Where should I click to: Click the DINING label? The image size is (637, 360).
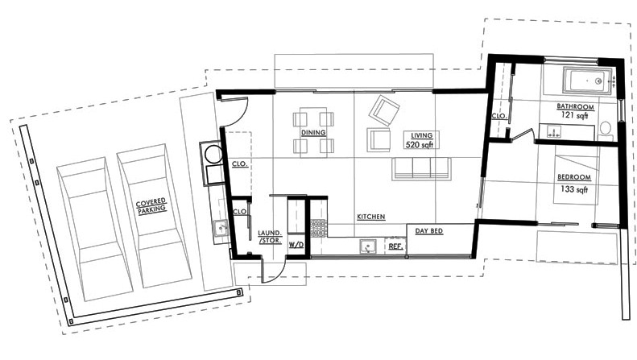(x=313, y=132)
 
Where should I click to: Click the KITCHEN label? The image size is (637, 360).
(x=371, y=217)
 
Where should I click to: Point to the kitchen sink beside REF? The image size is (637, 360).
(x=370, y=246)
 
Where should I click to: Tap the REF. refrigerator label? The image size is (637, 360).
(x=395, y=246)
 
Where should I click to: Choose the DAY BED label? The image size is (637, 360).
(x=430, y=231)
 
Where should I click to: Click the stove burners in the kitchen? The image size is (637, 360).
(x=318, y=226)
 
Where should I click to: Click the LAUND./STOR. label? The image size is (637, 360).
(x=268, y=236)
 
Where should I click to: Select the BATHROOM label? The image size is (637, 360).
(x=575, y=106)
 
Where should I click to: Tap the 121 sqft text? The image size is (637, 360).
(x=576, y=117)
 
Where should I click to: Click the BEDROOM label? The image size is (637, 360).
(x=573, y=176)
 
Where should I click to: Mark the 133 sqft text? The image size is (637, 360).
(x=573, y=189)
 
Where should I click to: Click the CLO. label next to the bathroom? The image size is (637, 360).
(x=498, y=116)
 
